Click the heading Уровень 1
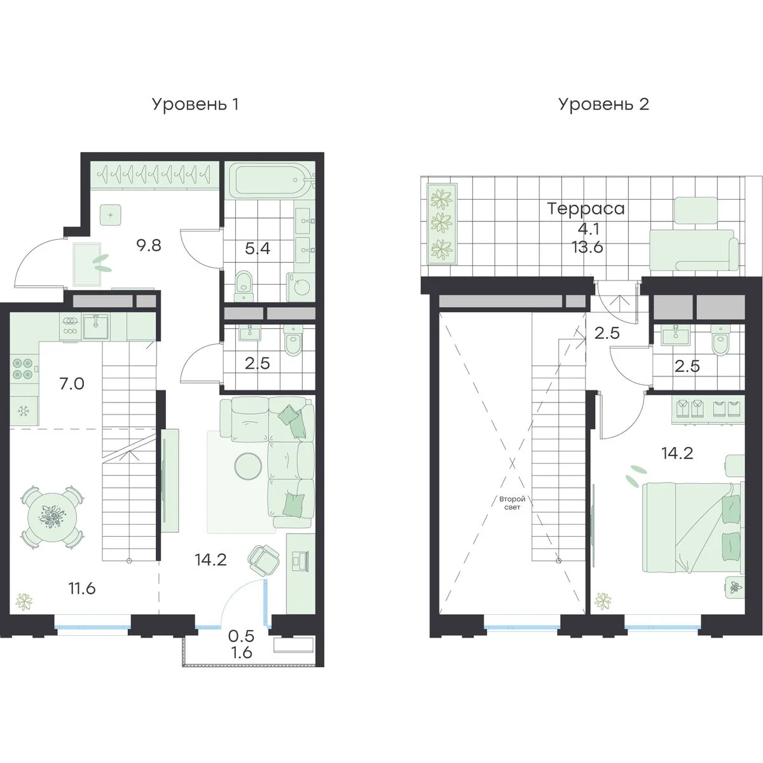click(x=195, y=105)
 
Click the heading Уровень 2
click(x=603, y=105)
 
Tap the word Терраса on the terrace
click(x=586, y=209)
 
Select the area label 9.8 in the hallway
click(x=149, y=245)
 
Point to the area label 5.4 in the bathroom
click(x=258, y=249)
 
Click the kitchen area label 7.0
click(x=72, y=383)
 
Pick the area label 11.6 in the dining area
click(x=82, y=588)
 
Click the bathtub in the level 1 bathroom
click(x=269, y=180)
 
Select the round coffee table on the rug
click(x=247, y=465)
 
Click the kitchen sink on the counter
click(x=95, y=326)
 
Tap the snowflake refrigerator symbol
click(x=24, y=412)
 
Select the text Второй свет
click(x=512, y=503)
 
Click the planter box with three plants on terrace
click(x=442, y=224)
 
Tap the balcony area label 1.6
click(x=242, y=652)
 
